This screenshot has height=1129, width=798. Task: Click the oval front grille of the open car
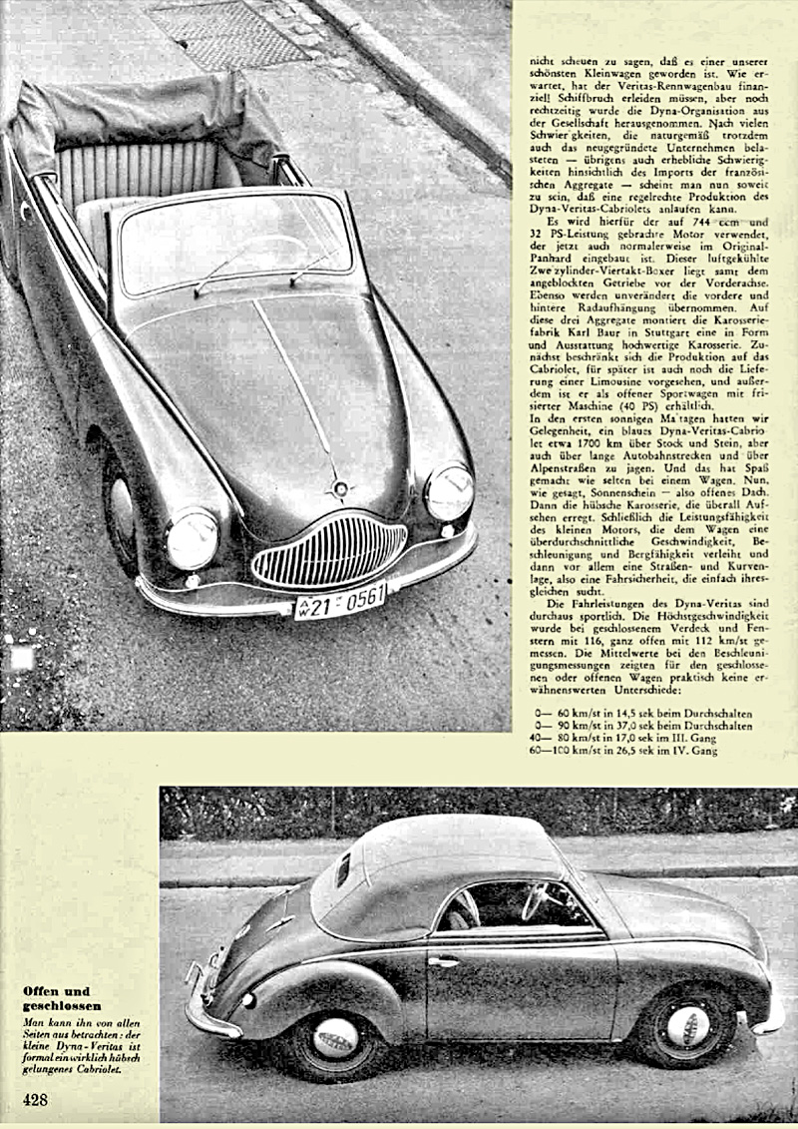(x=329, y=552)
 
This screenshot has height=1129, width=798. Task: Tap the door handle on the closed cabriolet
(x=445, y=962)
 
